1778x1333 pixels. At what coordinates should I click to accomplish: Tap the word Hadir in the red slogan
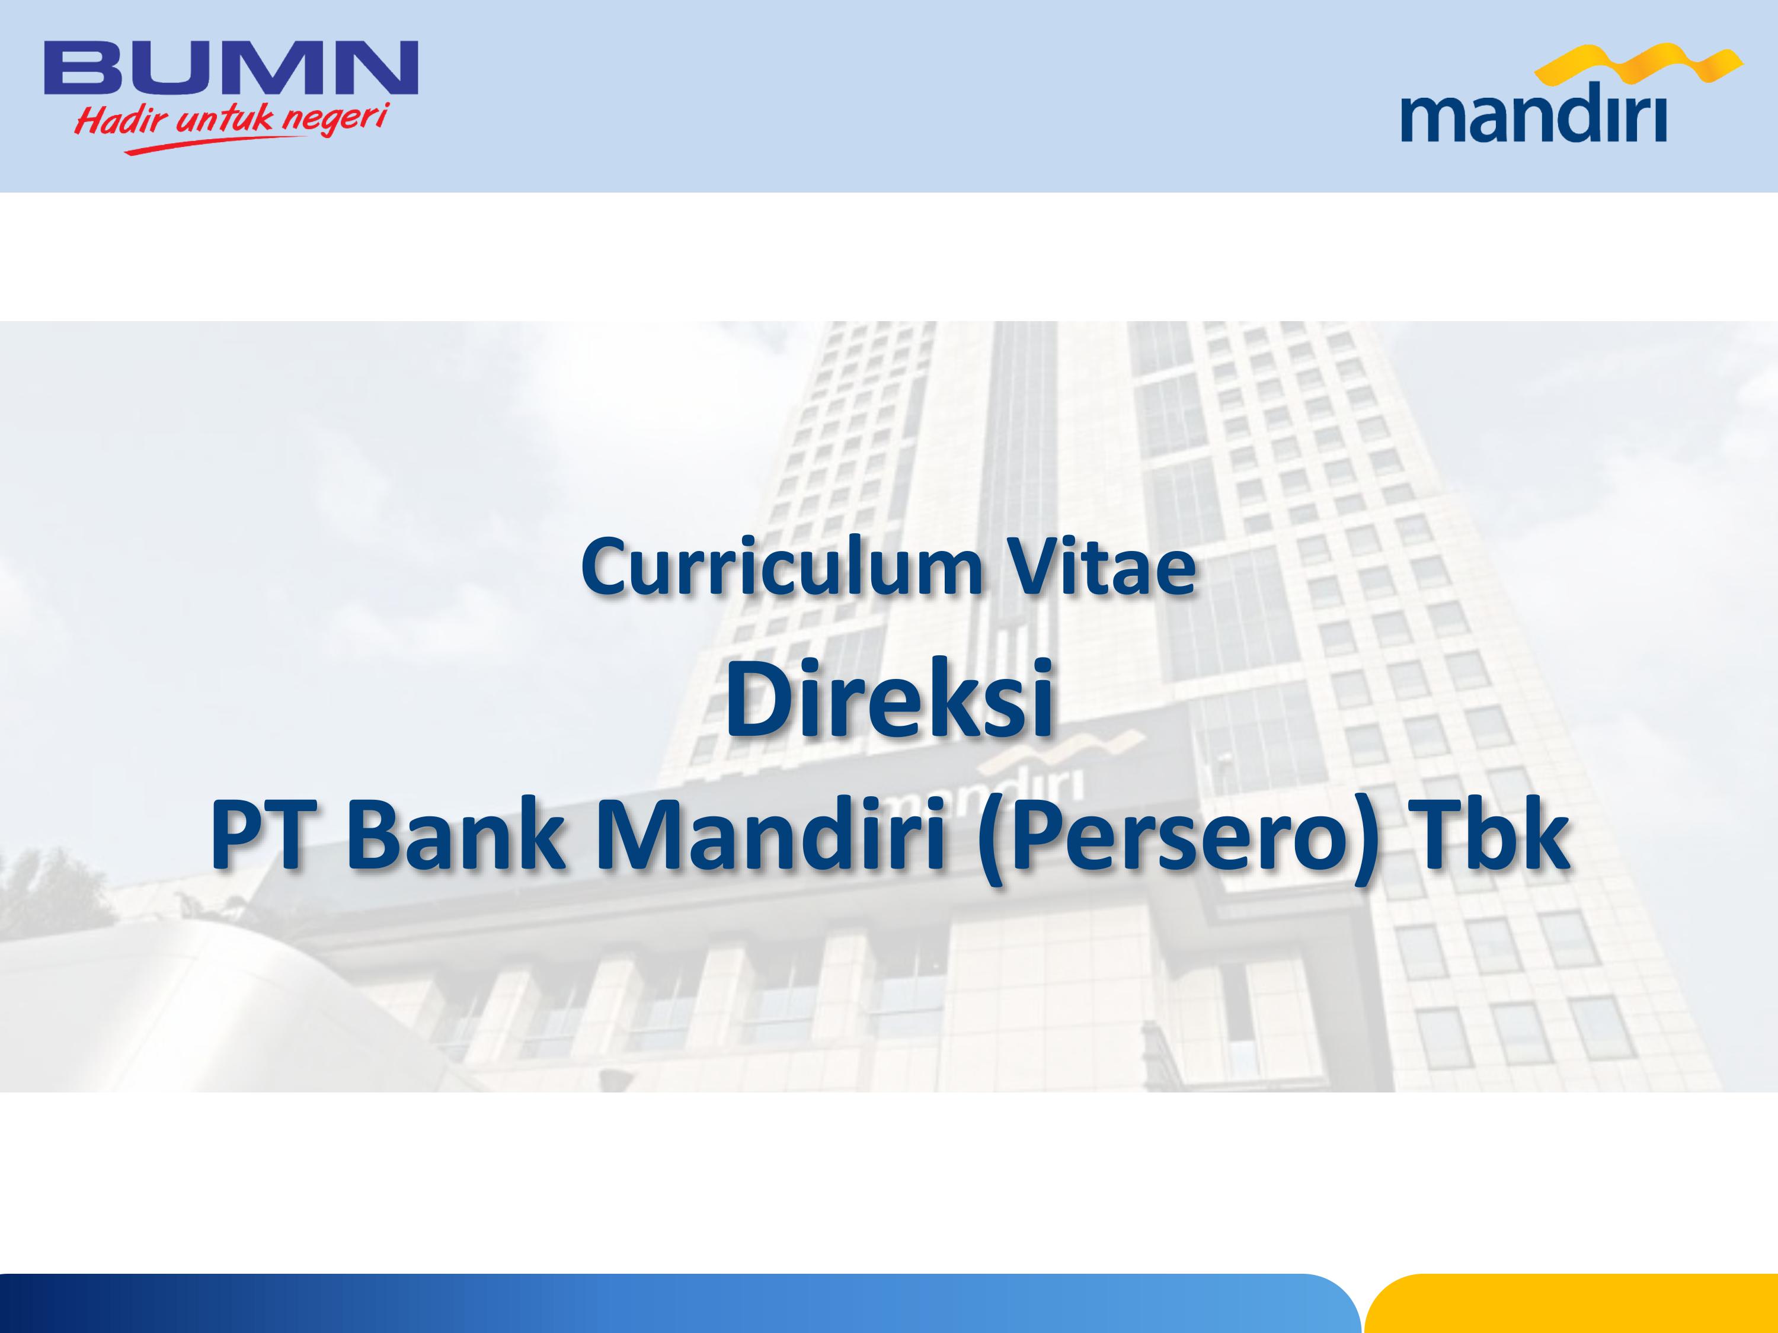[121, 121]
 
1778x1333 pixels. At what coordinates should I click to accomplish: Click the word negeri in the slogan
[335, 119]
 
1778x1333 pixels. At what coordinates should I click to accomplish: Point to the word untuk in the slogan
[224, 120]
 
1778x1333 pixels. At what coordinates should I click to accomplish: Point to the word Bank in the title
[456, 835]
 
